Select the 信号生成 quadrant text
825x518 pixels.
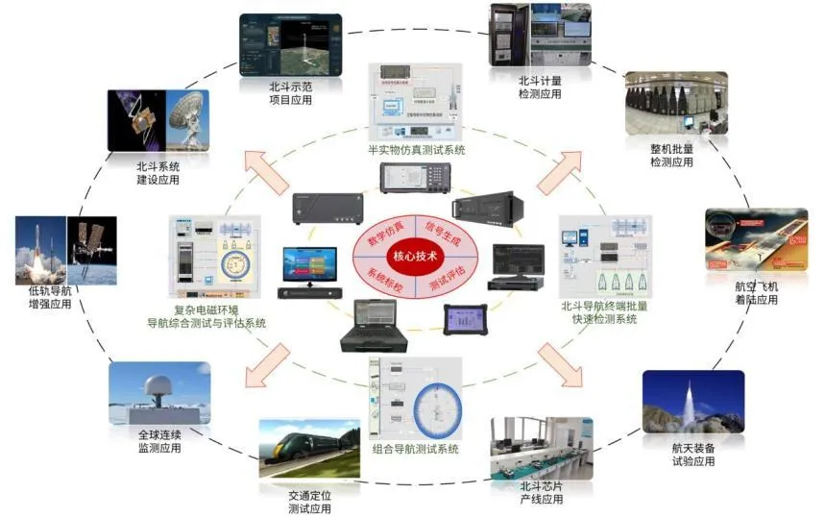[x=442, y=232]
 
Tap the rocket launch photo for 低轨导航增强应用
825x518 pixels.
[x=40, y=253]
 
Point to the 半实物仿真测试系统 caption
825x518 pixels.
[x=416, y=150]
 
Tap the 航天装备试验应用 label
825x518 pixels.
[x=692, y=455]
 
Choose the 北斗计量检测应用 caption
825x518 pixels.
[x=540, y=87]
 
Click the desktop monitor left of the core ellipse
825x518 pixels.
[x=308, y=268]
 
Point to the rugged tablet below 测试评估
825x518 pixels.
[x=465, y=320]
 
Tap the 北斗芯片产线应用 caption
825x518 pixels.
[x=541, y=492]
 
